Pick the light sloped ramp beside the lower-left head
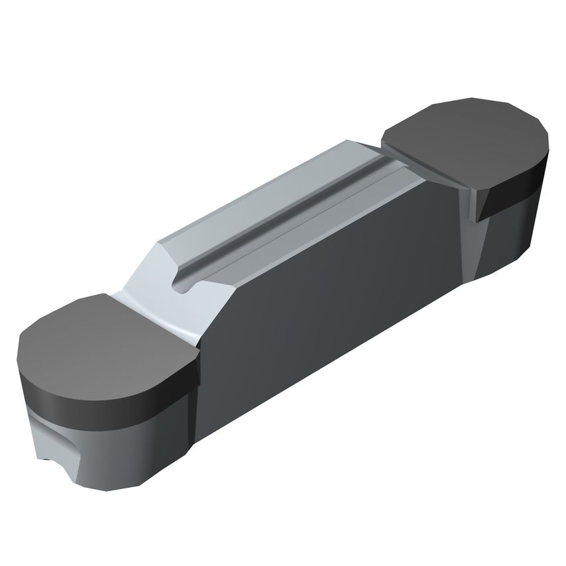click(x=159, y=311)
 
